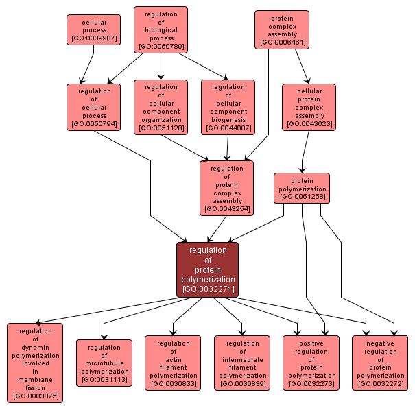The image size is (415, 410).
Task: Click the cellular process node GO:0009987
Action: [93, 30]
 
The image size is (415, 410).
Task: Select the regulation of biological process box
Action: [161, 30]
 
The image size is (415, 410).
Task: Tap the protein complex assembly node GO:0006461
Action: [281, 29]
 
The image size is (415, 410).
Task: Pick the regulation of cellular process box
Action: [93, 106]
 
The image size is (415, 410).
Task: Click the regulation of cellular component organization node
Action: [161, 106]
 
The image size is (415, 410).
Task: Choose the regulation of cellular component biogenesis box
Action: [228, 106]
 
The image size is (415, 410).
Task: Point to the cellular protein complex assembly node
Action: [309, 106]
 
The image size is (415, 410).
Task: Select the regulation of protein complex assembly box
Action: [226, 188]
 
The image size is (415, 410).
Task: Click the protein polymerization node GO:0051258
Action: [302, 188]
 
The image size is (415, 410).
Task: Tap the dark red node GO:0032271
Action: [207, 269]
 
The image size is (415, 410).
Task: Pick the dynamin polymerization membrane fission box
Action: [35, 362]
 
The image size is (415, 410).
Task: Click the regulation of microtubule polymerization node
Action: [104, 363]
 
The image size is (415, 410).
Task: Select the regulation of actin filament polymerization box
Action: [173, 363]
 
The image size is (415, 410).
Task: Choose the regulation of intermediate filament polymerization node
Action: [242, 363]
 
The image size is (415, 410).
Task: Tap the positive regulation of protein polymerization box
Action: [311, 363]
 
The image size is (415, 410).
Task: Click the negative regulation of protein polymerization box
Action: [380, 363]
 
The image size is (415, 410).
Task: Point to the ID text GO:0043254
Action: [226, 208]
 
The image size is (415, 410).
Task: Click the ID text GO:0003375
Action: [35, 396]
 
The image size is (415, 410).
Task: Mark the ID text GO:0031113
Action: [104, 379]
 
